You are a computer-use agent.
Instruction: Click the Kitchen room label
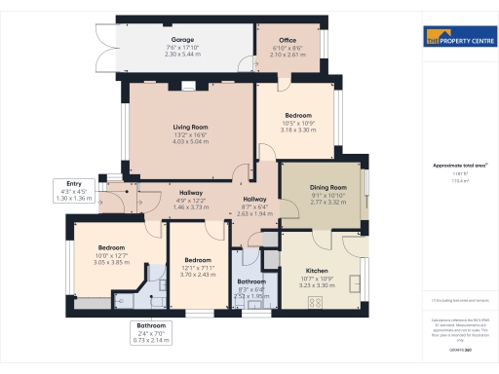click(320, 270)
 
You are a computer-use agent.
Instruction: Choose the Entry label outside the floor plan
click(74, 183)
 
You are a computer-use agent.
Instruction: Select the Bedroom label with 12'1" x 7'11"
click(198, 260)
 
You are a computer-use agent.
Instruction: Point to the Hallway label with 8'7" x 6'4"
click(256, 199)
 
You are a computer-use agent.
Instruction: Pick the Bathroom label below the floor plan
click(151, 325)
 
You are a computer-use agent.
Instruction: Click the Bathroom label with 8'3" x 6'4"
click(250, 282)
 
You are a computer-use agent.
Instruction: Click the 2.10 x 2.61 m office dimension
click(280, 56)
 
